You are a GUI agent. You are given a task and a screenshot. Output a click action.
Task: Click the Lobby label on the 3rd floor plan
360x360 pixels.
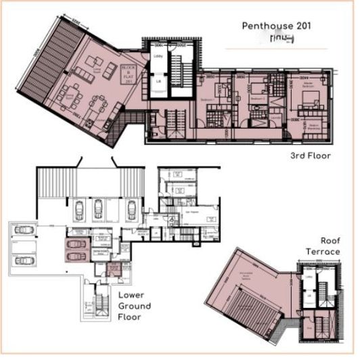coord(158,55)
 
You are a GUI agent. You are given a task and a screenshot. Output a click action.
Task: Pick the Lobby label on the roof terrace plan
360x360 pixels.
coord(308,277)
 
